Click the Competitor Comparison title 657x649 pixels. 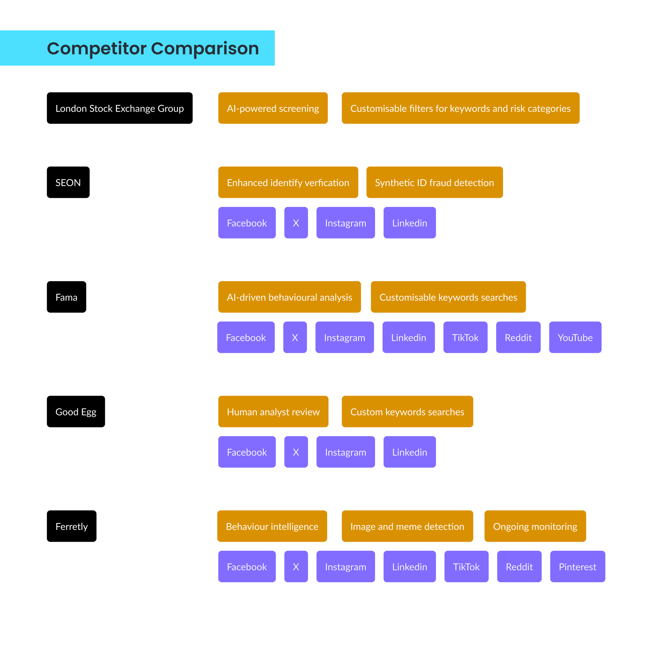coord(153,48)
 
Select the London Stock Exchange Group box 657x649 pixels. coord(120,108)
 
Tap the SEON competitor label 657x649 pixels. coord(68,182)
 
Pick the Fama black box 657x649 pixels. coord(66,297)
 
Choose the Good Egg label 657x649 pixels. coord(76,411)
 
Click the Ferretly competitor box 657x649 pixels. coord(71,526)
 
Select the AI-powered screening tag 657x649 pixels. coord(273,108)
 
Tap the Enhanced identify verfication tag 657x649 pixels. coord(288,182)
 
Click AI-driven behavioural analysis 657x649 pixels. coord(289,297)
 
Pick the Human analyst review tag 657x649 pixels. coord(273,411)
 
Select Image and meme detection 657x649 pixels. coord(407,526)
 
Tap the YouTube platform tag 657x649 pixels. coord(575,337)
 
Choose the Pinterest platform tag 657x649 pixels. coord(577,566)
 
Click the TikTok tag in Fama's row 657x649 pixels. coord(465,337)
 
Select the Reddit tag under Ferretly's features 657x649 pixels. coord(519,566)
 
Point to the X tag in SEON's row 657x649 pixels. coord(296,223)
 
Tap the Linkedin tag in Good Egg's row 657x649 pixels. coord(409,452)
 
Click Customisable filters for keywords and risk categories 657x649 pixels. coord(460,108)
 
